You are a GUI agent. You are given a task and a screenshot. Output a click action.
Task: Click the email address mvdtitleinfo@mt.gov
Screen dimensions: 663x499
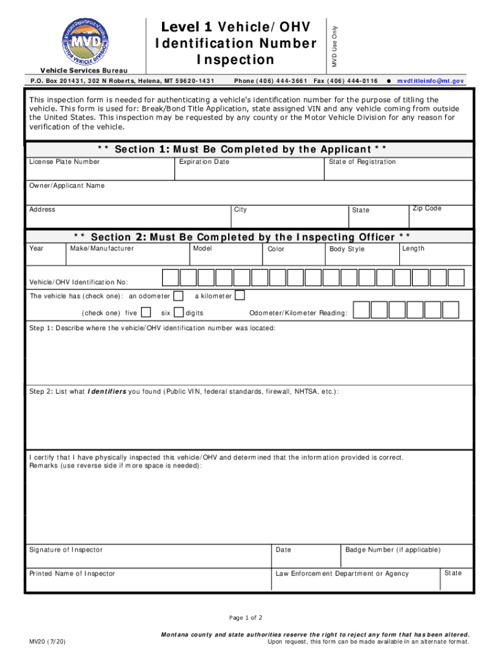tap(430, 81)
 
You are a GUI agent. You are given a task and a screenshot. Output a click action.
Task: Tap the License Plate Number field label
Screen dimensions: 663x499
tap(64, 162)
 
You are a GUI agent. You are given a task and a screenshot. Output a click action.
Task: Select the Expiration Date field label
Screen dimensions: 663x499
tap(204, 162)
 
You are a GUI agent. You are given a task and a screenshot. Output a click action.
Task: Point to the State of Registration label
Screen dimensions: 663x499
tap(362, 162)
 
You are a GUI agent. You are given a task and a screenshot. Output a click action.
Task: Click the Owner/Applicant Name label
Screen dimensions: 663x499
tap(67, 186)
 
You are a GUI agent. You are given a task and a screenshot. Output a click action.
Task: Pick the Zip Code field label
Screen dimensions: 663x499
tap(427, 208)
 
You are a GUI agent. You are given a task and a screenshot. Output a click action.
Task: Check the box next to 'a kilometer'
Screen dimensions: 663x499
tap(240, 296)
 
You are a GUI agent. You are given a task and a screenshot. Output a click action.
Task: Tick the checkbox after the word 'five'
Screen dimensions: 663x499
tap(146, 313)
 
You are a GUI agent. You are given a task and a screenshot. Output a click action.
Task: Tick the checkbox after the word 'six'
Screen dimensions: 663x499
tap(179, 313)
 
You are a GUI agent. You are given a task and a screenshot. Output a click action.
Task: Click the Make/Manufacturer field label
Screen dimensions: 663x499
tap(102, 249)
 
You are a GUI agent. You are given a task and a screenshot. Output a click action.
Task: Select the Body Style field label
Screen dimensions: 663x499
tap(347, 249)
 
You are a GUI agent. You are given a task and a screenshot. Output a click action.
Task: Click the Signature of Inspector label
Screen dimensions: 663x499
tap(66, 550)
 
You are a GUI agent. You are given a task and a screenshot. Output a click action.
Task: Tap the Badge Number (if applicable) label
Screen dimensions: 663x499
tap(393, 550)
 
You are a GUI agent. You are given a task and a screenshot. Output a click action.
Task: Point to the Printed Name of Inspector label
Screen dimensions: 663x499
tap(73, 574)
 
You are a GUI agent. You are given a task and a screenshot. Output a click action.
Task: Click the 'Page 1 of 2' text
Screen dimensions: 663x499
tap(246, 618)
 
